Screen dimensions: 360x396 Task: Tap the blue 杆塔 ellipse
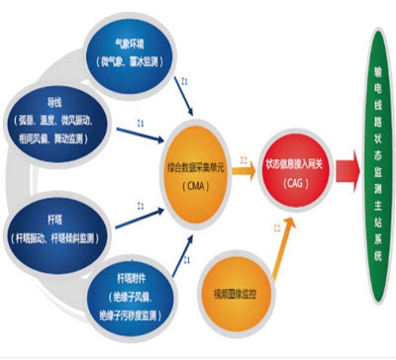click(61, 227)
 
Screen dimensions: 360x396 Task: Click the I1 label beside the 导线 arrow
click(141, 123)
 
